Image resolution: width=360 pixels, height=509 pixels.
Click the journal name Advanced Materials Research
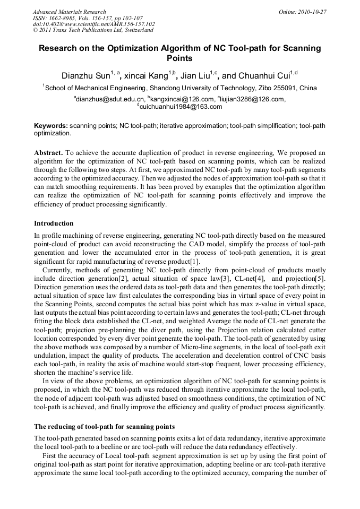pos(69,12)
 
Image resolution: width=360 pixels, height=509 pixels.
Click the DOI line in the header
pos(93,24)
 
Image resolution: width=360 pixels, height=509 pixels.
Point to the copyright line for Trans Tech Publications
pos(93,30)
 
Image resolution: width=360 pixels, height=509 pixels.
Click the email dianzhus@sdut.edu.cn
pos(110,99)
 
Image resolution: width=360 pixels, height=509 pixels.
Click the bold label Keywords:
pos(51,126)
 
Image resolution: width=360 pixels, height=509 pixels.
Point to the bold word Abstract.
pos(49,152)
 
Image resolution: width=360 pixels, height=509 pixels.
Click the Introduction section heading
pos(54,223)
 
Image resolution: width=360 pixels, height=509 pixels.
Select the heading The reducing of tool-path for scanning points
pos(104,426)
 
